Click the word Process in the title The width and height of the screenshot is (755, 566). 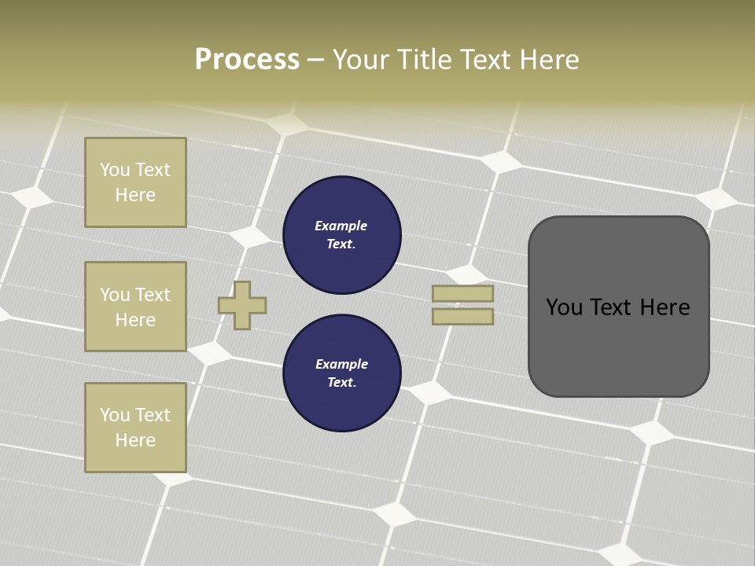point(247,60)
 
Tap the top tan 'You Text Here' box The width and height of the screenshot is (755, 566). point(135,182)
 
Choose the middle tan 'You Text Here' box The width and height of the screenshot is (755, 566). point(135,307)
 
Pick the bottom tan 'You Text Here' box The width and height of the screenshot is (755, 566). point(135,428)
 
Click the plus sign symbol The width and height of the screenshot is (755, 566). point(242,305)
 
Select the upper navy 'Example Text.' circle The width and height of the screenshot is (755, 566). point(341,235)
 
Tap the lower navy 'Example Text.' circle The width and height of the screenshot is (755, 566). point(341,373)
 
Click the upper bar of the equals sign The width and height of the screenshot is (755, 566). point(462,293)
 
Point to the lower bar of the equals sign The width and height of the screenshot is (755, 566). point(462,316)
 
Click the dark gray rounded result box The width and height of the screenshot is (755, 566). point(618,346)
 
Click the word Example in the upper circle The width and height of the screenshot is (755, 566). point(341,226)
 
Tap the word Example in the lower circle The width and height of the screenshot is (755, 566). point(341,365)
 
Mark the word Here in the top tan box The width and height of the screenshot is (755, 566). point(135,195)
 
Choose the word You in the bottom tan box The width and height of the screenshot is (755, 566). point(115,415)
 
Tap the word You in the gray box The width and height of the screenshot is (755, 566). point(564,307)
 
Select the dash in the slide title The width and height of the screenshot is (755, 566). point(315,60)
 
